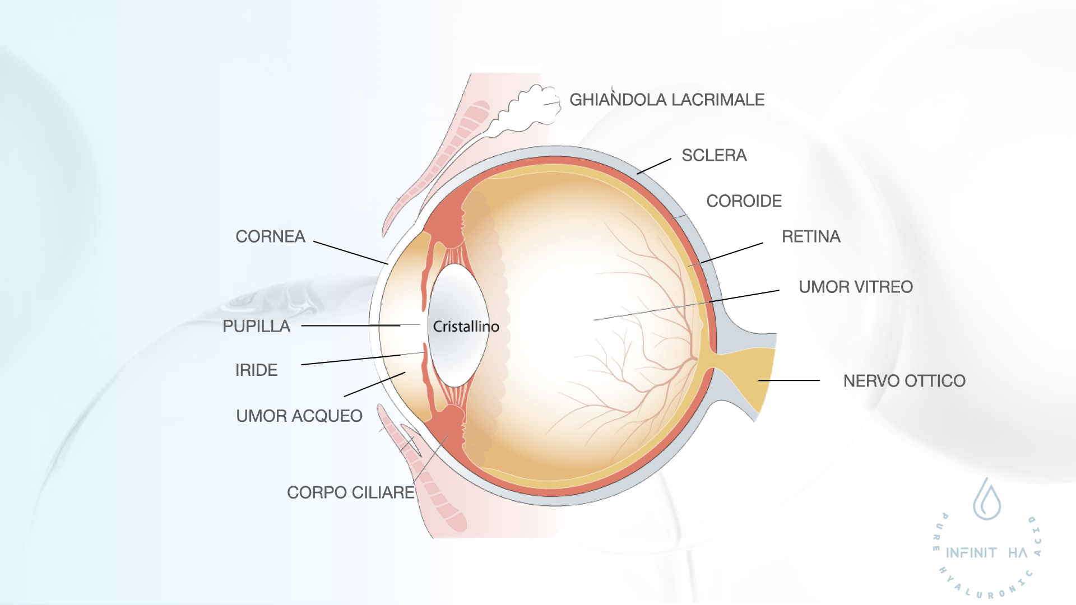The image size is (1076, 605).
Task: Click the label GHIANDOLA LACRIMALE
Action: pyautogui.click(x=667, y=100)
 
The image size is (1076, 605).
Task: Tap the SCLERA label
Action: pyautogui.click(x=714, y=155)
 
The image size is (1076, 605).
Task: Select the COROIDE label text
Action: pyautogui.click(x=744, y=201)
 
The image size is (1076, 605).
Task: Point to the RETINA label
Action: pyautogui.click(x=811, y=236)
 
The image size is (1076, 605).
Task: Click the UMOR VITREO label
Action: pyautogui.click(x=855, y=287)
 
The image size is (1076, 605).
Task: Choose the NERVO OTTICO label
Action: pyautogui.click(x=904, y=381)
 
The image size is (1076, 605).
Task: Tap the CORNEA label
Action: pyautogui.click(x=270, y=236)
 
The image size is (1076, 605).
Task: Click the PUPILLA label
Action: pyautogui.click(x=256, y=326)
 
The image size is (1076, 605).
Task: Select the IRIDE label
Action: pyautogui.click(x=256, y=370)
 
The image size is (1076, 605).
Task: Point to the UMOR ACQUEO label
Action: pyautogui.click(x=299, y=416)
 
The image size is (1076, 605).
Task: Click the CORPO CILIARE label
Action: pyautogui.click(x=350, y=492)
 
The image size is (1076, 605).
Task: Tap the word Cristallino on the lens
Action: pyautogui.click(x=466, y=327)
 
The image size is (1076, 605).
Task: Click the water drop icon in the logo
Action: pyautogui.click(x=987, y=500)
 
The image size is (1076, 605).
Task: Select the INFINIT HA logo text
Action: pyautogui.click(x=986, y=553)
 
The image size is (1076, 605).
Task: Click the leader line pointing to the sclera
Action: pyautogui.click(x=654, y=166)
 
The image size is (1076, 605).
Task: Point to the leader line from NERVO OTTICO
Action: pyautogui.click(x=789, y=380)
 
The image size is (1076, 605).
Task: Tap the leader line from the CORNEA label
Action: pyautogui.click(x=350, y=253)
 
